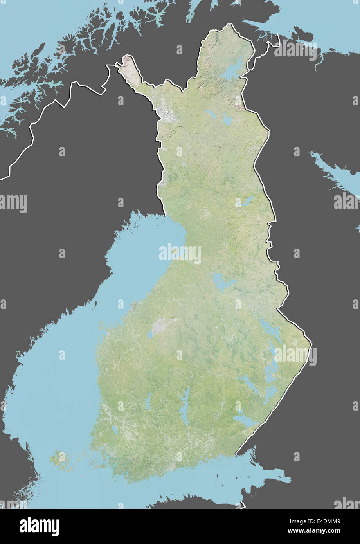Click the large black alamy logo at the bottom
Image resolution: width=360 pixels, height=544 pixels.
coord(39,526)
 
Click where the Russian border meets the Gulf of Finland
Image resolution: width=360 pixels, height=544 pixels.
coord(236,455)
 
